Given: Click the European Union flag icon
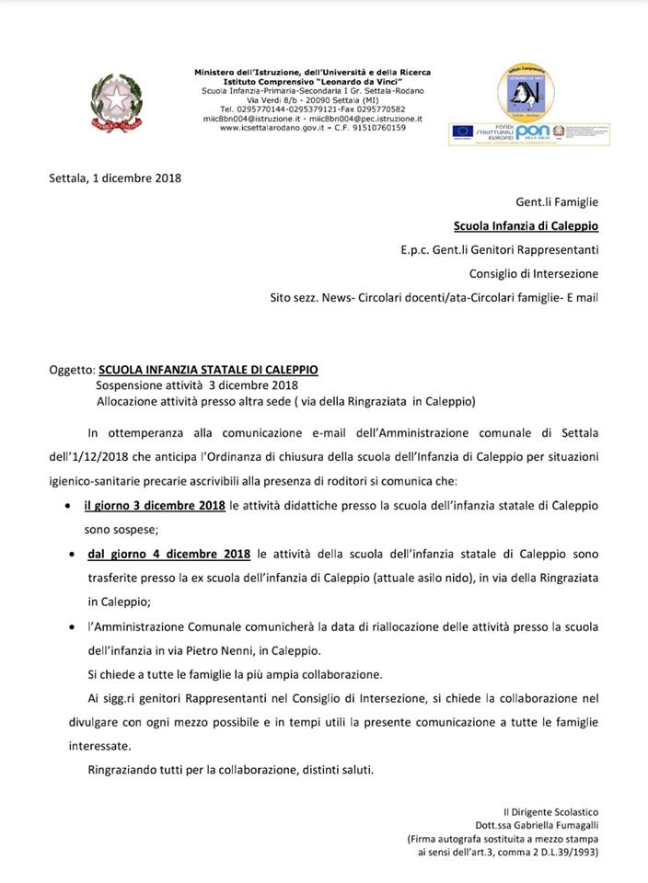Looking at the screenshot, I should tap(461, 132).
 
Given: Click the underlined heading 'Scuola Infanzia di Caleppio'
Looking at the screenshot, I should tap(526, 225).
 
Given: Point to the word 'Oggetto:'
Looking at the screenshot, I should tap(72, 370).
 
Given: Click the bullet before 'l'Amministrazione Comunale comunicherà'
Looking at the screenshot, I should tap(72, 627).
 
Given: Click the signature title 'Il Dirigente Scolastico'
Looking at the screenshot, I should tap(550, 812).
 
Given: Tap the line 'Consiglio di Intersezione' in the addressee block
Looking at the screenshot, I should tap(533, 273).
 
